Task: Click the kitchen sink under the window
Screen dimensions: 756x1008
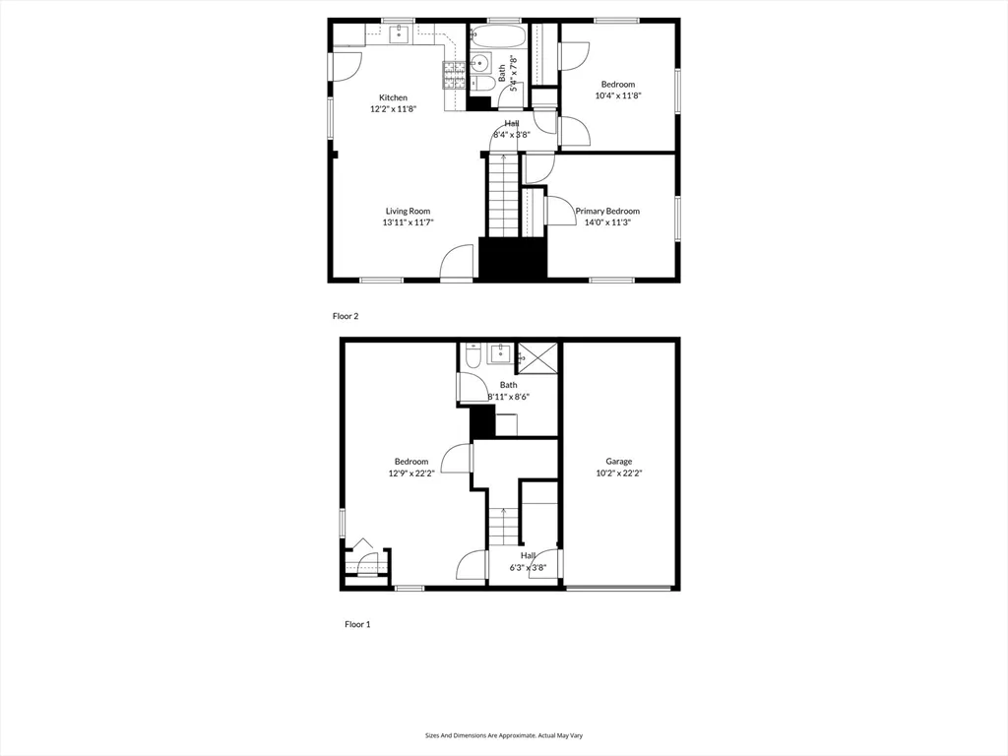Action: (x=398, y=35)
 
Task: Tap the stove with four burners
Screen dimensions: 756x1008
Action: (x=454, y=70)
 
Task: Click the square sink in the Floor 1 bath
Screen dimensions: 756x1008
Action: (x=499, y=351)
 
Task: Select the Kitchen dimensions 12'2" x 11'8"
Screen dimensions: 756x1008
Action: (x=394, y=110)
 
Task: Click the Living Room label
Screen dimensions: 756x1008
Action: (x=408, y=211)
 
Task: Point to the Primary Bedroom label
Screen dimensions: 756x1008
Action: (x=607, y=211)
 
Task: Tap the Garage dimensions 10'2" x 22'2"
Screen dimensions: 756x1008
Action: (x=618, y=473)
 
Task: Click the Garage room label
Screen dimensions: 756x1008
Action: (x=618, y=461)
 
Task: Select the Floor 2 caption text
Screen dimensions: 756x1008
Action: (x=346, y=316)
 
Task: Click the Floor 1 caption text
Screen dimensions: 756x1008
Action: (x=357, y=624)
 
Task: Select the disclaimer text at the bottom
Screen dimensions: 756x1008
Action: (x=503, y=735)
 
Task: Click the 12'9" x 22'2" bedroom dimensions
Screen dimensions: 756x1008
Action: (x=411, y=473)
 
